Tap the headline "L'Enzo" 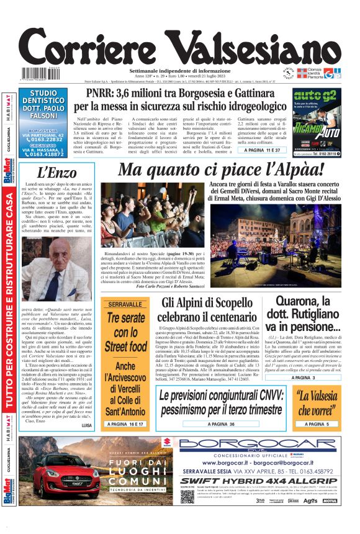(57, 172)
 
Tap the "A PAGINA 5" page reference (317, 423)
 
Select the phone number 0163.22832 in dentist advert (47, 140)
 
